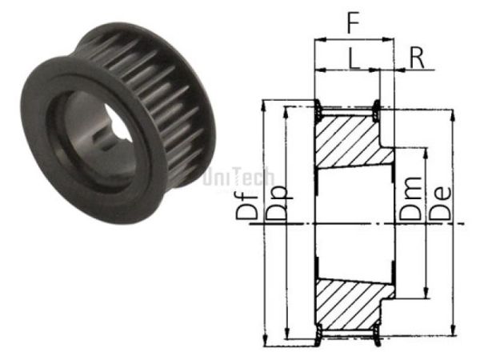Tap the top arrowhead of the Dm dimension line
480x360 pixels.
point(425,150)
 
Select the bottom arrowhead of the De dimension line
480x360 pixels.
point(454,334)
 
